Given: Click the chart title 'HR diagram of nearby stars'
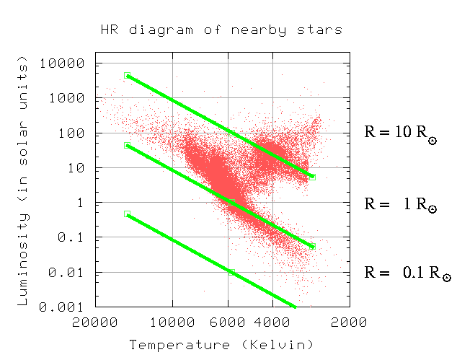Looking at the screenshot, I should tap(221, 30).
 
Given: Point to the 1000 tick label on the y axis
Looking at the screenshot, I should tap(68, 98).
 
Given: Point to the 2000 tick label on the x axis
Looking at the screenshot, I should tap(350, 322).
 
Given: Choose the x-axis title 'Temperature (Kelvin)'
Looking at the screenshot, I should tap(221, 344).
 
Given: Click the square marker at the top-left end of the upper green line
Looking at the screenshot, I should tap(127, 75).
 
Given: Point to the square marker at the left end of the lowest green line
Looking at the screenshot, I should tap(127, 214).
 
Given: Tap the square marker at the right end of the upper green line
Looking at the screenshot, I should tap(312, 177).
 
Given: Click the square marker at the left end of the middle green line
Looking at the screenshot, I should tap(127, 145).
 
